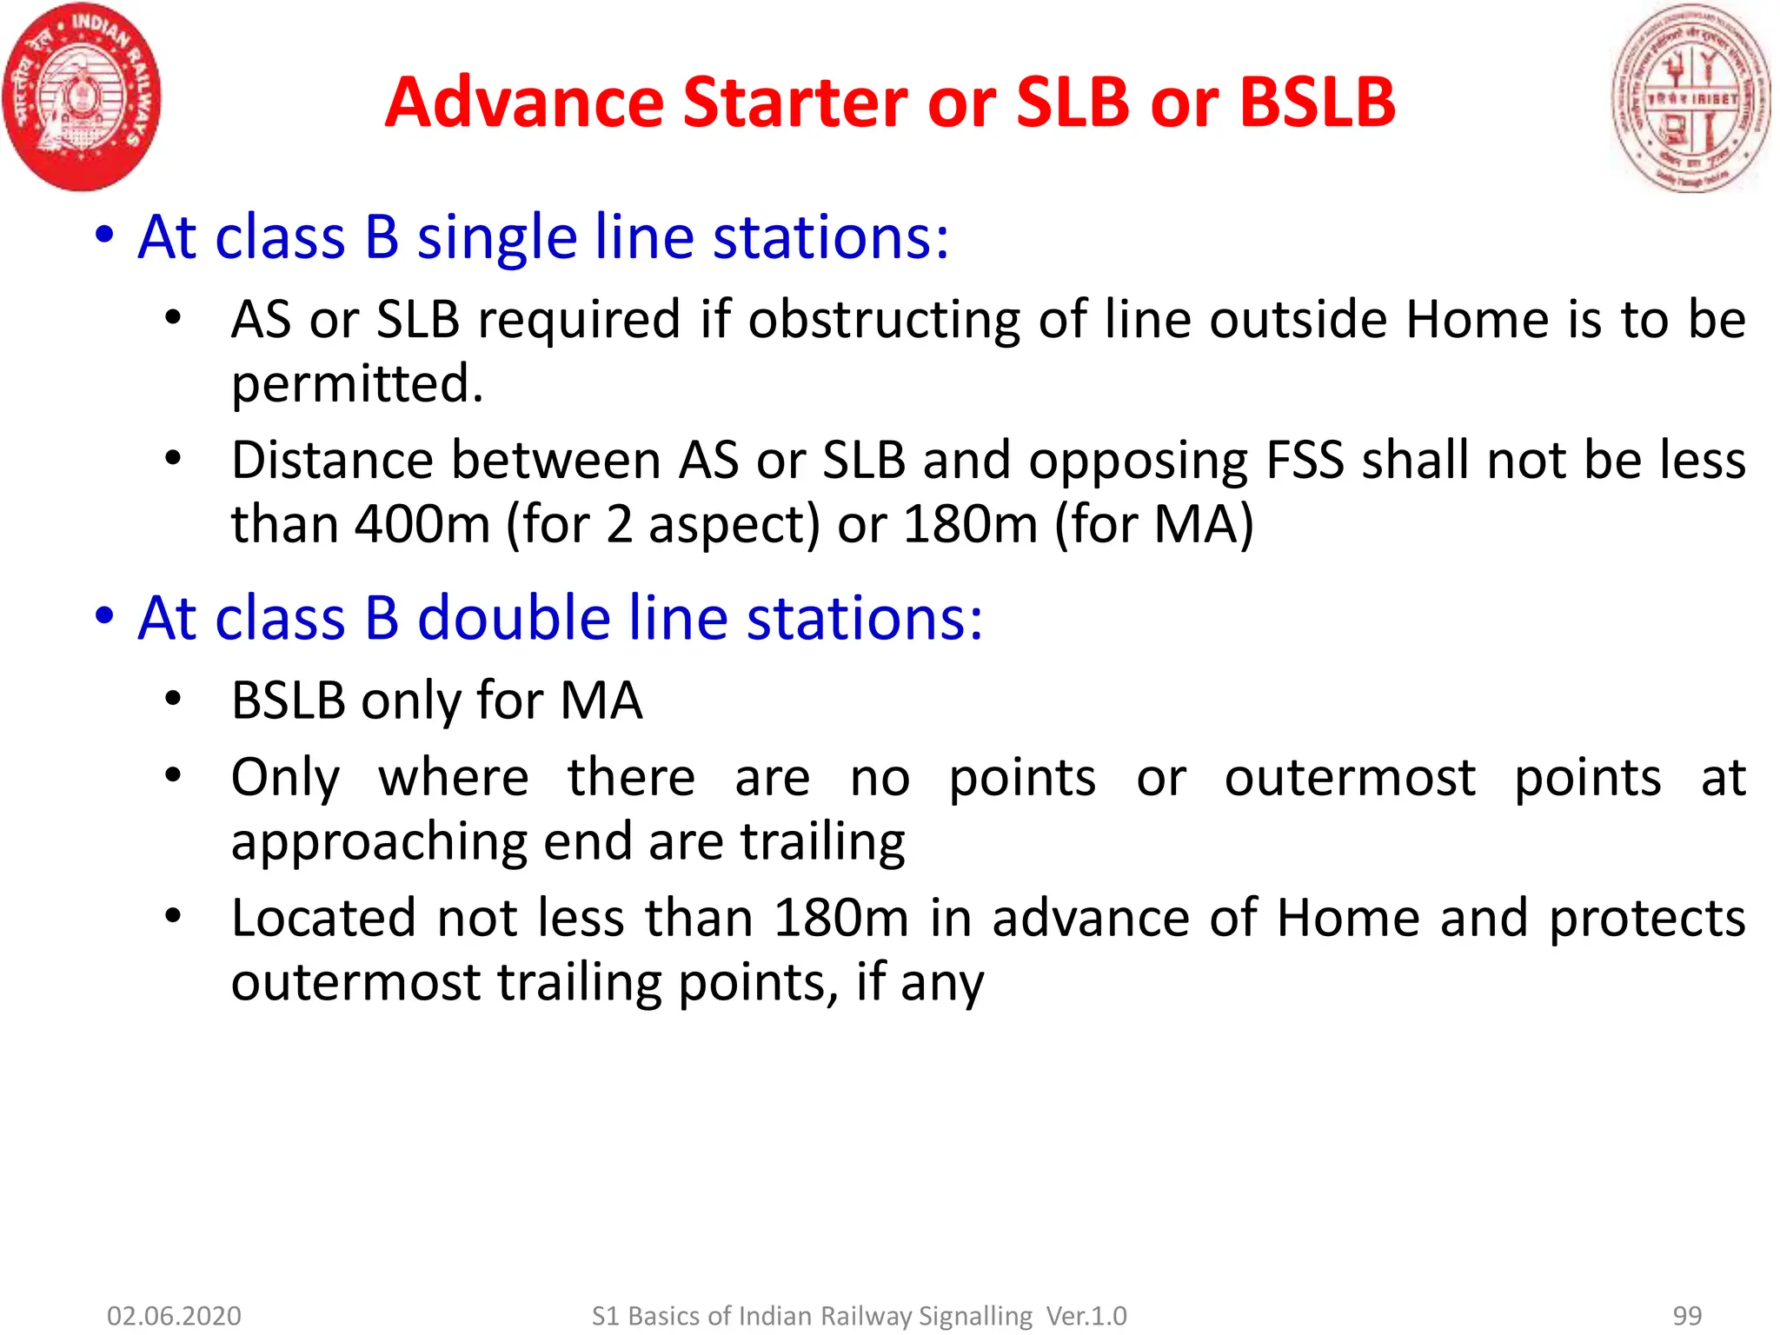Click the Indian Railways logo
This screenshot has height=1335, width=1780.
(x=83, y=96)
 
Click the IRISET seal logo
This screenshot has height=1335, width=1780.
(x=1690, y=97)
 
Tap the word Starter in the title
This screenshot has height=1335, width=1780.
(x=795, y=103)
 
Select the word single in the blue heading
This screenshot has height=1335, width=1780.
(x=496, y=237)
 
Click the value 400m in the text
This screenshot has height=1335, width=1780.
(x=422, y=524)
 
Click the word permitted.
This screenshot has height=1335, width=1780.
(x=356, y=383)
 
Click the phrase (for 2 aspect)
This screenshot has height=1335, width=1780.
(x=662, y=525)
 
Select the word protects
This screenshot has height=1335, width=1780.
(x=1647, y=919)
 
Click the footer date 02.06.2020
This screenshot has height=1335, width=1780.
(x=174, y=1316)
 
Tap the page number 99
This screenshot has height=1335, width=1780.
(x=1687, y=1316)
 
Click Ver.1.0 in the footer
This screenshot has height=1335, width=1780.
(x=1086, y=1316)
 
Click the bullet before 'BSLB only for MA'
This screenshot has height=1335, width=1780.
(x=173, y=699)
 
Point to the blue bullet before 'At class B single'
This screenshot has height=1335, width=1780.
(x=104, y=235)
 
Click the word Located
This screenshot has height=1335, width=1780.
(x=323, y=919)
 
